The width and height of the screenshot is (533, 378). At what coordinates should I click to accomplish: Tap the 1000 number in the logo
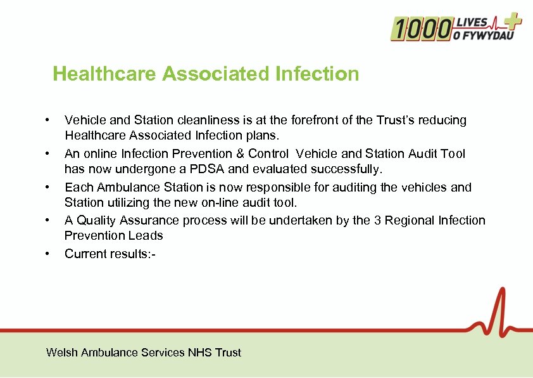[421, 29]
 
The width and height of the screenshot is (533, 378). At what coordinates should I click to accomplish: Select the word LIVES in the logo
[475, 22]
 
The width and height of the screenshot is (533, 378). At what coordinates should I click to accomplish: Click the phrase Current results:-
[110, 254]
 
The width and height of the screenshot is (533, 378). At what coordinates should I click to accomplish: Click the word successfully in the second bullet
[351, 169]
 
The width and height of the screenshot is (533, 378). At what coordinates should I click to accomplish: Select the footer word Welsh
[62, 352]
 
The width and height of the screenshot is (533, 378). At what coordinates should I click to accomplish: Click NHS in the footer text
[200, 352]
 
